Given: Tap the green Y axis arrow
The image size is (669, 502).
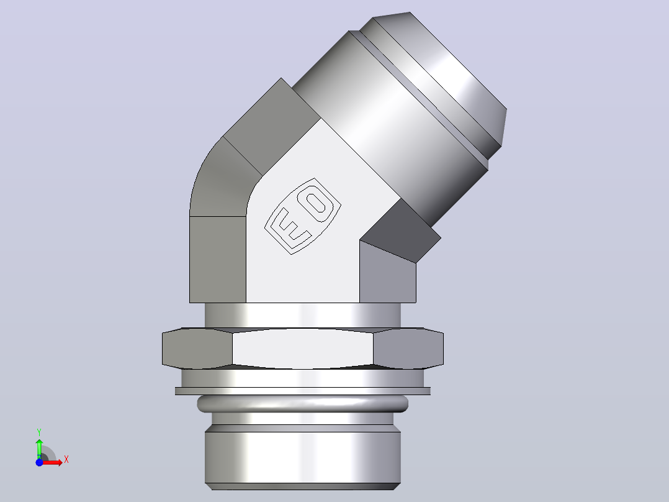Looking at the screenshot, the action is (x=39, y=449).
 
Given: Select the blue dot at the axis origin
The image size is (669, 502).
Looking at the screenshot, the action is (x=39, y=462).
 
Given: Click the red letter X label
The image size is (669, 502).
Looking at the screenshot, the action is (x=66, y=460).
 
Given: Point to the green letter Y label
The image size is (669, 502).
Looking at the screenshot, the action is (x=39, y=432).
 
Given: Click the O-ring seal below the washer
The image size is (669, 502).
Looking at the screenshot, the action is (x=302, y=404).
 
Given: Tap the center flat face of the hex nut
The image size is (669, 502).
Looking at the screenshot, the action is (x=302, y=348).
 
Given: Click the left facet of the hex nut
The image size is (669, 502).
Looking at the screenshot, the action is (x=197, y=348).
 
